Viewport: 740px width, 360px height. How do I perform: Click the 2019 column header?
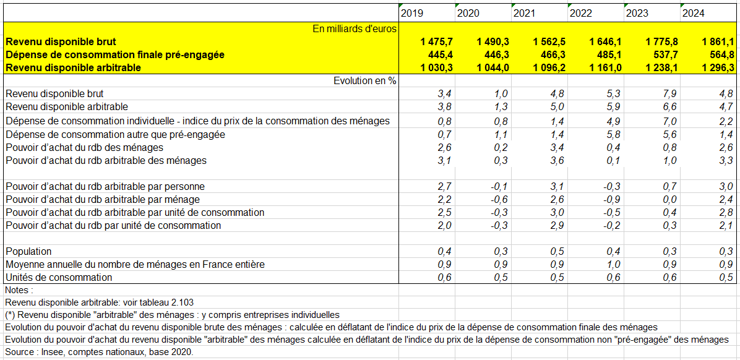[x=411, y=13]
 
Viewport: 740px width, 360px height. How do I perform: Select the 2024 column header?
[x=693, y=13]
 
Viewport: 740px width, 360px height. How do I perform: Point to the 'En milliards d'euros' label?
[x=355, y=29]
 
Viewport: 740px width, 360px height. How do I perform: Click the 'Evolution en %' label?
[x=364, y=80]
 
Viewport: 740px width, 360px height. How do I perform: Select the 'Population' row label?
[x=28, y=252]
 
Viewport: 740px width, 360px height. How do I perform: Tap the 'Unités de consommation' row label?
[x=59, y=278]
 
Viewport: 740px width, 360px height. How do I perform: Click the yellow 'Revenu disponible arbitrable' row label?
[x=74, y=67]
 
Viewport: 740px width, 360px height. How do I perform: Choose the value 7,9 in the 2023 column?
[x=670, y=93]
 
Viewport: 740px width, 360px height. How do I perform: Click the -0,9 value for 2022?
[x=612, y=199]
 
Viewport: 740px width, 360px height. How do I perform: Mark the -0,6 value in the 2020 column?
[x=499, y=199]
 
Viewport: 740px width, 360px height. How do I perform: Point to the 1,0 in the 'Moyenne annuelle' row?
[x=614, y=265]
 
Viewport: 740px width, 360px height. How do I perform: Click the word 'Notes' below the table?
[x=18, y=289]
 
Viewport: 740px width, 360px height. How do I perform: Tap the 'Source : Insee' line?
[x=100, y=352]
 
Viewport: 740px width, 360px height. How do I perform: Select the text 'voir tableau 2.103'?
[x=157, y=302]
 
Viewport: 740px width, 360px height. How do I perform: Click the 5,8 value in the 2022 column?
[x=614, y=134]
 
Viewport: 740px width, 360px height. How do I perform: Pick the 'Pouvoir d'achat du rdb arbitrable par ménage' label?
[x=103, y=199]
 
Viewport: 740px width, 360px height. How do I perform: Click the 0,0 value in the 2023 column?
[x=670, y=199]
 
